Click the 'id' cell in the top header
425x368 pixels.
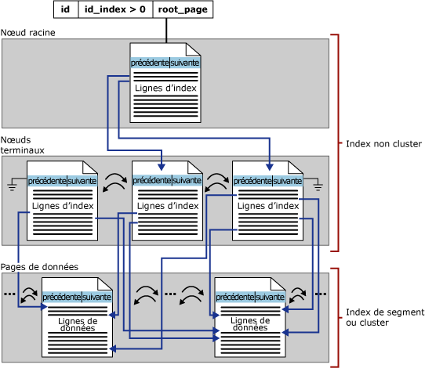click(66, 9)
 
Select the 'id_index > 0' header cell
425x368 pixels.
click(114, 9)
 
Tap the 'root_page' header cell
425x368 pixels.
click(183, 9)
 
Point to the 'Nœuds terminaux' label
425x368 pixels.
click(23, 144)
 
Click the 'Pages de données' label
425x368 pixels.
click(39, 267)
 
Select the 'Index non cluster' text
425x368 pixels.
click(383, 144)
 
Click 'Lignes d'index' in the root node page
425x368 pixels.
click(165, 88)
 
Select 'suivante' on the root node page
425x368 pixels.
click(185, 63)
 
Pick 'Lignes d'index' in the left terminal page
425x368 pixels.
click(63, 206)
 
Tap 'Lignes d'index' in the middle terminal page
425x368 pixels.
click(167, 206)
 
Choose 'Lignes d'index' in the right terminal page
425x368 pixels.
click(268, 206)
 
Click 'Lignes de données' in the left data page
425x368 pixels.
click(78, 324)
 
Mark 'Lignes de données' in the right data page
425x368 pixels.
click(251, 324)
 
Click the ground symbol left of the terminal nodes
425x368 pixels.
click(12, 186)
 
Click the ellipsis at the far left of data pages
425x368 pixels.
click(9, 294)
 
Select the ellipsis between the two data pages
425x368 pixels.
click(170, 294)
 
